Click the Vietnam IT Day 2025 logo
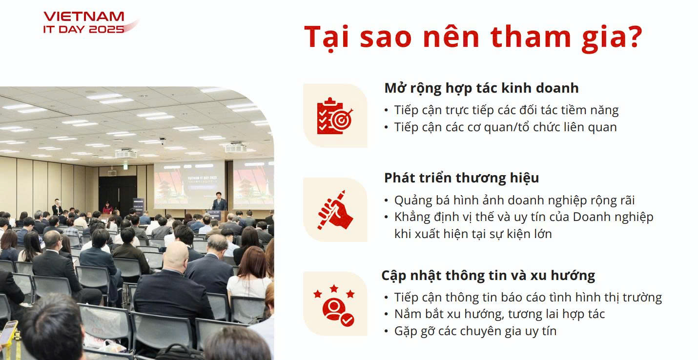pos(90,22)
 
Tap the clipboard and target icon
pos(335,116)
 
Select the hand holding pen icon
pos(335,210)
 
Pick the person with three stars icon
pos(334,305)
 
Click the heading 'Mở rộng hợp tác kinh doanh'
pos(481,88)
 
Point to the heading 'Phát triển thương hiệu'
pos(461,178)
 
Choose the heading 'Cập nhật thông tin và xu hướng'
pos(488,276)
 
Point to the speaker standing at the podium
pos(219,201)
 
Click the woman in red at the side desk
pos(107,207)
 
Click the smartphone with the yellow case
pos(8,332)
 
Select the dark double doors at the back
pos(118,194)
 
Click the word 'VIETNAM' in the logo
pos(84,17)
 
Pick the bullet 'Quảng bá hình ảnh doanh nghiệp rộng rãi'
pos(514,200)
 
